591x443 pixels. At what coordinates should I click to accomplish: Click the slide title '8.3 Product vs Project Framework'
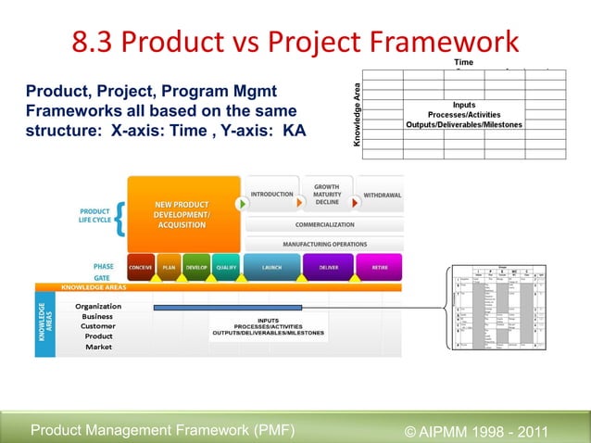tap(295, 42)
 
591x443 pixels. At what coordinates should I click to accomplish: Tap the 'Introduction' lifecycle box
tap(271, 195)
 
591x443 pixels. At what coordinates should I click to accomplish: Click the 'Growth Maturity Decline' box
tap(327, 194)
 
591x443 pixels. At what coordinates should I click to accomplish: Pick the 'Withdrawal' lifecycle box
tap(382, 196)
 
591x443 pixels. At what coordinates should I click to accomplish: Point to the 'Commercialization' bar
tap(324, 224)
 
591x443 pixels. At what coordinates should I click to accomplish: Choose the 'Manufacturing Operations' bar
tap(324, 244)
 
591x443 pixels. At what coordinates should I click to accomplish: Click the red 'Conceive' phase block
tap(141, 266)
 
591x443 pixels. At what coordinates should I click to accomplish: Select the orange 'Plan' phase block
tap(169, 266)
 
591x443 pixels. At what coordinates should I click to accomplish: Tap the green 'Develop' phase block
tap(196, 266)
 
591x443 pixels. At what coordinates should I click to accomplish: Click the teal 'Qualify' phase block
tap(225, 266)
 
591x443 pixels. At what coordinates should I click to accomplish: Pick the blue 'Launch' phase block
tap(271, 266)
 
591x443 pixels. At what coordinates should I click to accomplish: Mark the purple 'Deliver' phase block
tap(328, 266)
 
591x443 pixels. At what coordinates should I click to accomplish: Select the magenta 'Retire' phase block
tap(380, 266)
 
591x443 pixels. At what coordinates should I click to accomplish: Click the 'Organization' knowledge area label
tap(98, 306)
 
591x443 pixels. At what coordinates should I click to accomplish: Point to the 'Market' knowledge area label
tap(98, 347)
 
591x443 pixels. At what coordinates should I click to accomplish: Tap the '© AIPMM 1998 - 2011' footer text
tap(477, 431)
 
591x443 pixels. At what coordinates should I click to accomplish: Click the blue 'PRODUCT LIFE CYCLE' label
tap(95, 216)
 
